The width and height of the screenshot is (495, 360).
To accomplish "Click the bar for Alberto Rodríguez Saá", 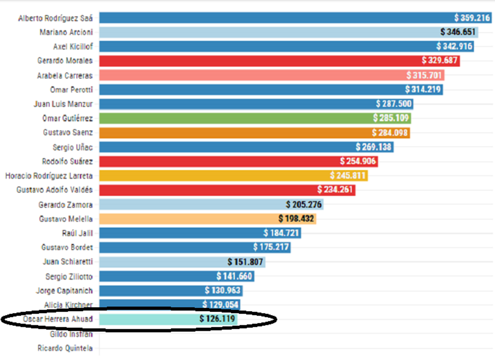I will tap(277, 18).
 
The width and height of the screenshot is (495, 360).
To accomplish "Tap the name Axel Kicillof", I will tap(72, 46).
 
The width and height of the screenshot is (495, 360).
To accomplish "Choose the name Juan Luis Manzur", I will tap(63, 104).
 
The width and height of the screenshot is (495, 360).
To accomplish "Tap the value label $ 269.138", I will tap(373, 147).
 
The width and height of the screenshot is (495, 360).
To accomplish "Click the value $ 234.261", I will tap(336, 190).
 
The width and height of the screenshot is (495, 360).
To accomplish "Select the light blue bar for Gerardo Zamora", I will tap(191, 204).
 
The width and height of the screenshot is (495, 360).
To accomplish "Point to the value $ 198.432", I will tap(296, 219).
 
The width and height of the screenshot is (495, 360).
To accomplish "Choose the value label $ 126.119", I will tap(217, 319).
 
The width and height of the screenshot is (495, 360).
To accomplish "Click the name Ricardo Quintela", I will tap(65, 348).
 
